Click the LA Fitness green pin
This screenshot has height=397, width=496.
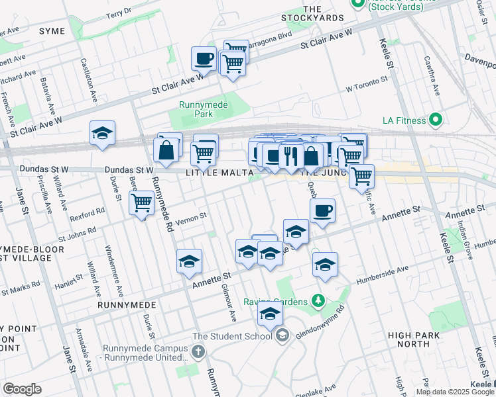[436, 120]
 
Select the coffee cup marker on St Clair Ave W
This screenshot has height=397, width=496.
[204, 59]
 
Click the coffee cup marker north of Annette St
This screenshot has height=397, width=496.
[322, 212]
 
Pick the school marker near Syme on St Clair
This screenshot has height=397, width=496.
[102, 134]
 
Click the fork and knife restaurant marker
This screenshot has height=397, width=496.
[290, 155]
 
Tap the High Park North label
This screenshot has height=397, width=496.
[418, 339]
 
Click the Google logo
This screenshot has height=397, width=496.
[22, 389]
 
